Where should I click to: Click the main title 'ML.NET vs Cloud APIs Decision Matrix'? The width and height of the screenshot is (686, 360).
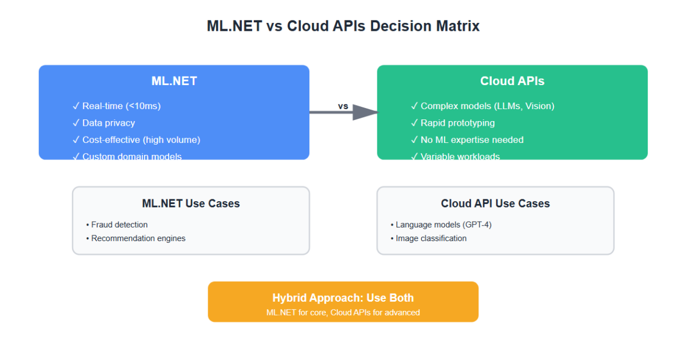point(343,26)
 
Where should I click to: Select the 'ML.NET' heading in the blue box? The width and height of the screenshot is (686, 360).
point(174,81)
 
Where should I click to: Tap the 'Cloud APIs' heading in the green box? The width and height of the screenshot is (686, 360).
point(512,81)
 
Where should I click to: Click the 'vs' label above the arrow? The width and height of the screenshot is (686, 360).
point(343,106)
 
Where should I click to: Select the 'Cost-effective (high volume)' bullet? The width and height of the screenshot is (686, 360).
point(141,139)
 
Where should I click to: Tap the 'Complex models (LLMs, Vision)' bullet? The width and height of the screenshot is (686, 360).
point(487,106)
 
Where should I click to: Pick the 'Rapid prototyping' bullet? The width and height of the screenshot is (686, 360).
point(457,123)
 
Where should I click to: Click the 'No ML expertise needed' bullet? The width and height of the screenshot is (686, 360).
point(472,139)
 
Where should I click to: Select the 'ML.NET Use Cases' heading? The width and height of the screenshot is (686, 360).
point(191,203)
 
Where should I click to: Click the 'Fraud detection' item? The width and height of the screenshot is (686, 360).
point(119,225)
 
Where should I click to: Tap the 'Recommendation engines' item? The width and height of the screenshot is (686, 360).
point(138,238)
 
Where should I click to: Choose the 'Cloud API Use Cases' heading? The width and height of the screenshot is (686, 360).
point(495,203)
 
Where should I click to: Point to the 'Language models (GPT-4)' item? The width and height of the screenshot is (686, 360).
point(443,225)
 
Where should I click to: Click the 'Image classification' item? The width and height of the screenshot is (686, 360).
point(430,238)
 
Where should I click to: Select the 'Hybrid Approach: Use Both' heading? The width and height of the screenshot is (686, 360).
point(343,298)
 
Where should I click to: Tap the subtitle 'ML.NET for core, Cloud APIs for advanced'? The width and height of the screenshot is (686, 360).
point(343,313)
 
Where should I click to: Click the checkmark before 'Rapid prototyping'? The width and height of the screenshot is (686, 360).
point(414,123)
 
